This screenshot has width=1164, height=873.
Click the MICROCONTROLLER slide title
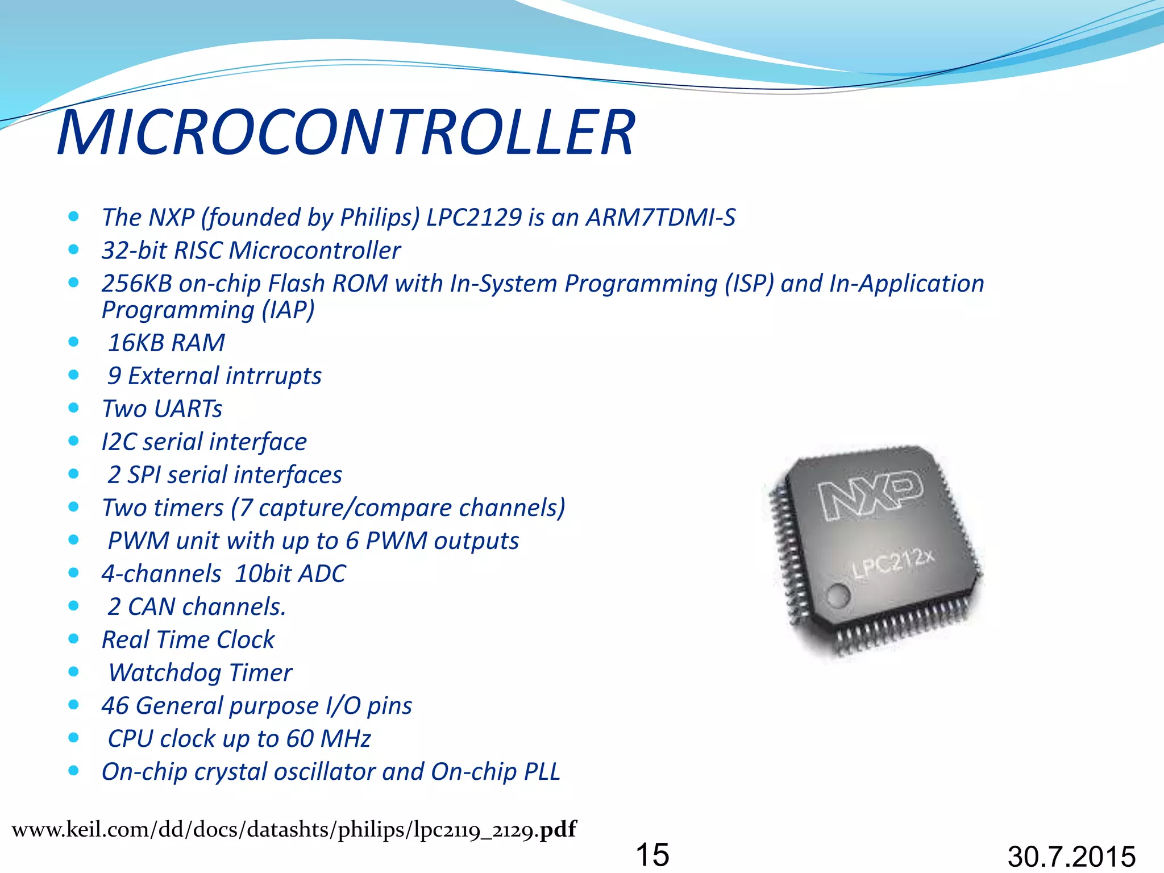(346, 132)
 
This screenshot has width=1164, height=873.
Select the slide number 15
(652, 854)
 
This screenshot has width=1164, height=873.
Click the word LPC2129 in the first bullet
(474, 217)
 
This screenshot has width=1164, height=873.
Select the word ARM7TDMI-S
(660, 217)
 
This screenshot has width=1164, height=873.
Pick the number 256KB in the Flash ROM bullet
(136, 284)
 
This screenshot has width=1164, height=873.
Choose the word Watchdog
(165, 673)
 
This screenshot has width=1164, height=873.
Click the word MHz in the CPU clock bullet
(346, 739)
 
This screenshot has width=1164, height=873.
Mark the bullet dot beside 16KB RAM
(73, 342)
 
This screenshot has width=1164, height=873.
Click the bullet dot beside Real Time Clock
(73, 639)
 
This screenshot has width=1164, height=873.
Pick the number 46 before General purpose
(115, 706)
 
